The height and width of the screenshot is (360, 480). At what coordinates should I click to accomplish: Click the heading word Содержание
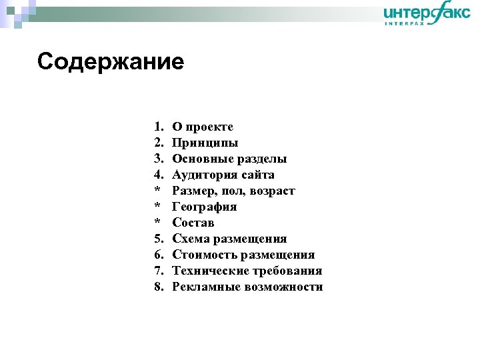(111, 62)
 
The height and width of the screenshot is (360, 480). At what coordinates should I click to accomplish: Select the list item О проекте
(203, 127)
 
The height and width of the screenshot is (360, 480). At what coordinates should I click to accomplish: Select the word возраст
(272, 191)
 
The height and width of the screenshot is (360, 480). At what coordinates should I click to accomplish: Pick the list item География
(205, 207)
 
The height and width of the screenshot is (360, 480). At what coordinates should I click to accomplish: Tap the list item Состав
(193, 223)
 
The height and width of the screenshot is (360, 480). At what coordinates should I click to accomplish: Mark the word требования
(287, 271)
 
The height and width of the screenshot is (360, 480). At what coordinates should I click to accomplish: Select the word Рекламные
(205, 287)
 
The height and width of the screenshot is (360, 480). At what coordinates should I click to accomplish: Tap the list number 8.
(158, 287)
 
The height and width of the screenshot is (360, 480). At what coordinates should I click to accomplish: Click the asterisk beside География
(157, 207)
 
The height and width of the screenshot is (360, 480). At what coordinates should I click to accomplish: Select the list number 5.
(158, 239)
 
